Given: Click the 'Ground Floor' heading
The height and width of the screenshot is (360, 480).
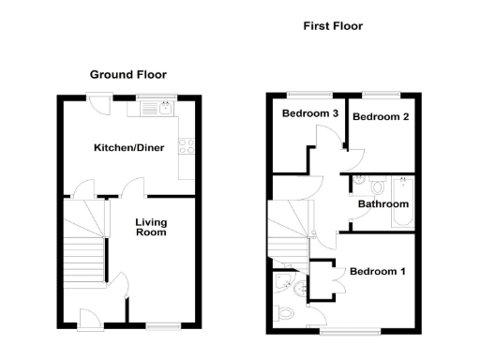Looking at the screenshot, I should [x=128, y=74].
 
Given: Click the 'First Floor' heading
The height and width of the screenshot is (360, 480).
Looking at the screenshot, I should [x=332, y=26].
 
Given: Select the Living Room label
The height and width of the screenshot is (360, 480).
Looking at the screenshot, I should [x=151, y=227].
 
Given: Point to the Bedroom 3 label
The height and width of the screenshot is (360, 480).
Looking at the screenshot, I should [x=310, y=114].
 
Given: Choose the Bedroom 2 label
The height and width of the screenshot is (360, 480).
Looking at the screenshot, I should [x=378, y=116].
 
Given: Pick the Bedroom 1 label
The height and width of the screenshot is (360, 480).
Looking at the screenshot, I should [x=378, y=272].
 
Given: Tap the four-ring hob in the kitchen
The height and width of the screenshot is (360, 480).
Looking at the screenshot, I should [x=187, y=146].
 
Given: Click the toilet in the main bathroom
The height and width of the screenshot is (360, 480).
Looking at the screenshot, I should [x=364, y=185].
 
